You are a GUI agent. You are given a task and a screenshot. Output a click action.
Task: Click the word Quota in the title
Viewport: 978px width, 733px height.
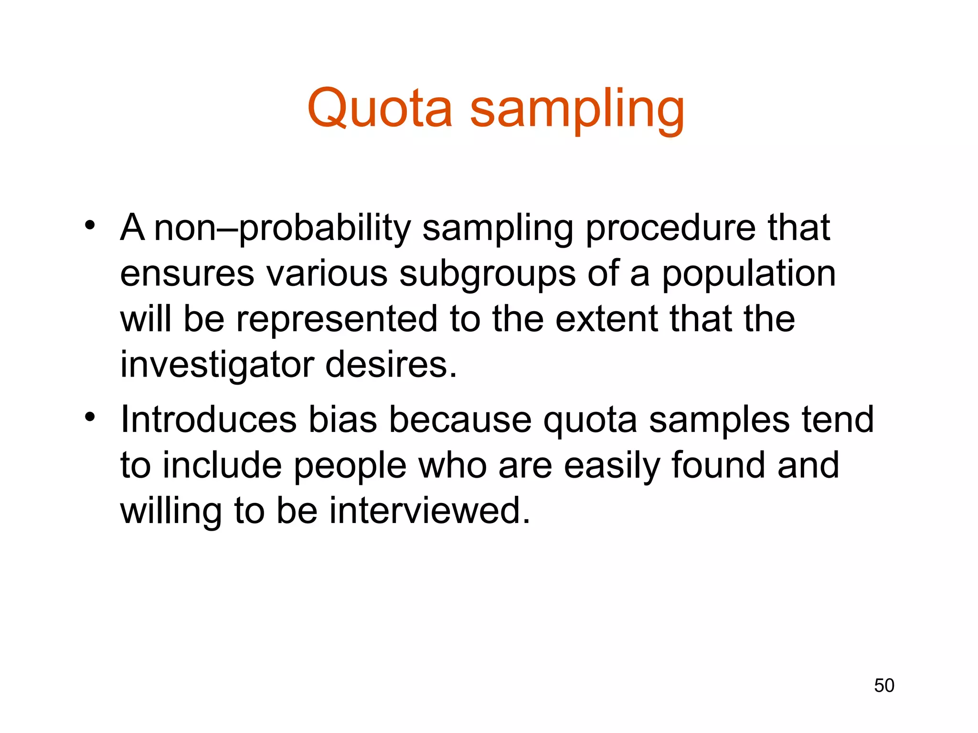click(x=380, y=108)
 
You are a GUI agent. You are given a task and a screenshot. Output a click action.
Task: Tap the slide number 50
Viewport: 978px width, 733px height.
click(x=884, y=685)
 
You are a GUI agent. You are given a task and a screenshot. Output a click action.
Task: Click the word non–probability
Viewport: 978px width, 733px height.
click(x=282, y=229)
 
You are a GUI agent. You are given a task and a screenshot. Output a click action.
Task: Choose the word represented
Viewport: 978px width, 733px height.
click(x=337, y=319)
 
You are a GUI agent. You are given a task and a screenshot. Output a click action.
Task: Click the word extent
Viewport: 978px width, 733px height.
click(x=606, y=319)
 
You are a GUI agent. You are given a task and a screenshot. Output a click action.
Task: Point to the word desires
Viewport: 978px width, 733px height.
click(x=391, y=365)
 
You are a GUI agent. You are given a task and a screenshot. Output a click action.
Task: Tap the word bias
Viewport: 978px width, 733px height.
click(x=342, y=419)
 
